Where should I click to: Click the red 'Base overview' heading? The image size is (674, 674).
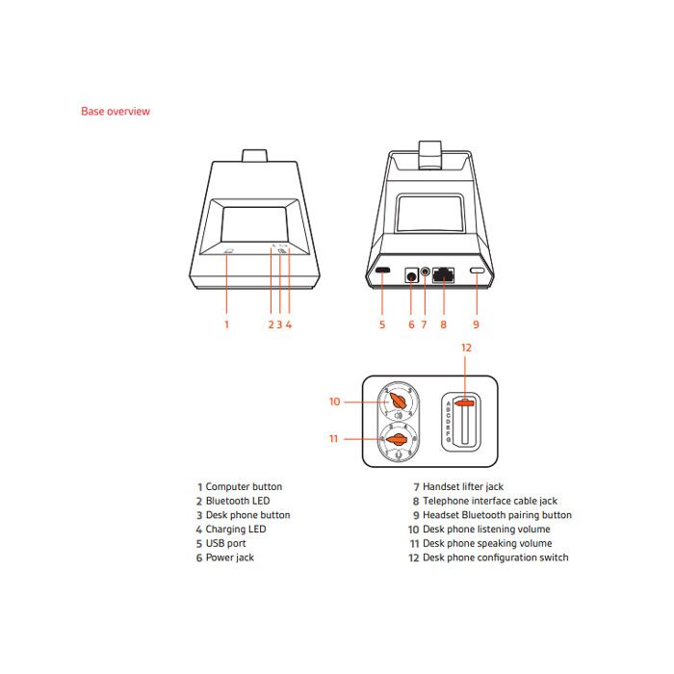(x=116, y=112)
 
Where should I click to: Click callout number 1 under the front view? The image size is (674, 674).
(x=227, y=324)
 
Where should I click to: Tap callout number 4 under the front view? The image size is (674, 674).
(x=289, y=324)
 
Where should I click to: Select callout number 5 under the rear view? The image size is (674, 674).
(x=382, y=324)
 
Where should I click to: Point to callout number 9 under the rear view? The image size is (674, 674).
(x=476, y=324)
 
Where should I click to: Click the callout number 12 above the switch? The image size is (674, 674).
(x=466, y=347)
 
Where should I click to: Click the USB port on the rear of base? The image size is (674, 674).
(x=382, y=272)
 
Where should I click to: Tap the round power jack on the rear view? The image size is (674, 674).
(x=411, y=274)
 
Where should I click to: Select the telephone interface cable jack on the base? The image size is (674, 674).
(x=444, y=274)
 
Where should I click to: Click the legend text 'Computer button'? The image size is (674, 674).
(x=244, y=487)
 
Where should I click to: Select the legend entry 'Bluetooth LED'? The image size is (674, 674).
(x=238, y=501)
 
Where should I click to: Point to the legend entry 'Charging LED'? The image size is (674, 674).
(x=236, y=530)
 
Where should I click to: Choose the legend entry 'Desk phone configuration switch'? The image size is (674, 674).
(x=495, y=557)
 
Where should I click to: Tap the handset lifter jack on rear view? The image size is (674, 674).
(x=425, y=274)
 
